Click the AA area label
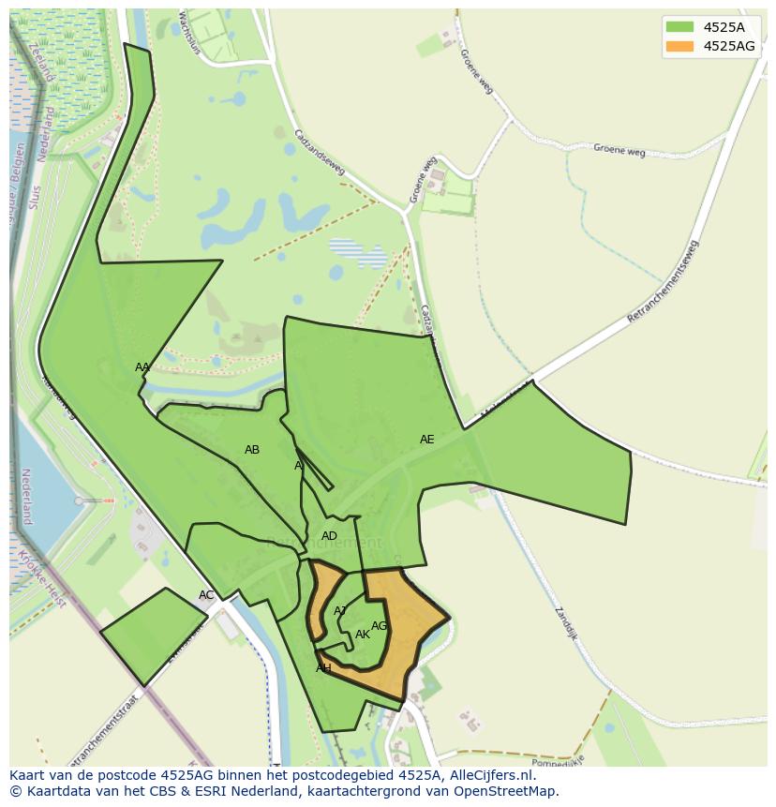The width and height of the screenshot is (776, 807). click(x=142, y=367)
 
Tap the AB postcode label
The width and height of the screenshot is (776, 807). click(x=252, y=450)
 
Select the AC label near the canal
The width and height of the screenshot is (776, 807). click(x=206, y=595)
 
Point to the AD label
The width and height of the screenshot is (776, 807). click(x=329, y=536)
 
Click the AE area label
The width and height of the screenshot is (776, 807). click(x=427, y=440)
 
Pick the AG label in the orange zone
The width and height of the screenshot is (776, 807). click(x=380, y=626)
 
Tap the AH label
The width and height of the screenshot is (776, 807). click(x=323, y=668)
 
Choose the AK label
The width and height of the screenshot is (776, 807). click(x=363, y=635)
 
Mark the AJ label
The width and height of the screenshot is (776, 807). click(x=340, y=611)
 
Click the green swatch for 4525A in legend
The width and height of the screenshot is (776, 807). click(x=679, y=27)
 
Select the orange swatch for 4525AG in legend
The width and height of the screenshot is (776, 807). click(x=679, y=46)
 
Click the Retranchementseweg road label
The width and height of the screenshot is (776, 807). click(x=663, y=282)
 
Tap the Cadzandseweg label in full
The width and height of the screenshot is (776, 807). click(x=320, y=152)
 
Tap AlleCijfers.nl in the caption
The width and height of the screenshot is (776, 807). click(x=486, y=776)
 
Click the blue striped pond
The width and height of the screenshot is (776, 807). click(x=357, y=251)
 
